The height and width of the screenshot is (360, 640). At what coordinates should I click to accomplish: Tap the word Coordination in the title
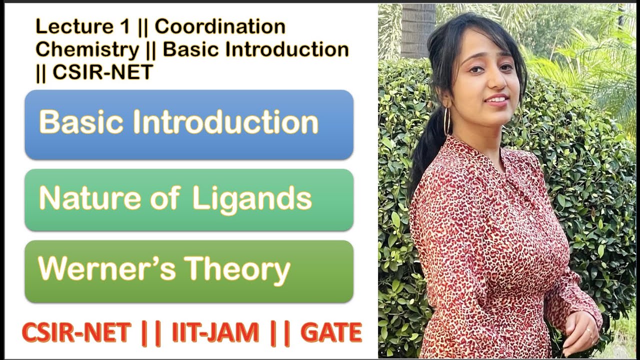pyautogui.click(x=220, y=26)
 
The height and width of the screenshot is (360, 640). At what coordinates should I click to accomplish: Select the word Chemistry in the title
pyautogui.click(x=87, y=49)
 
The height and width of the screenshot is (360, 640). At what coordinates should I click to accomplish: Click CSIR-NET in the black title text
pyautogui.click(x=102, y=72)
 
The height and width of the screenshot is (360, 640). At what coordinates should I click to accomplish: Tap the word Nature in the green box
pyautogui.click(x=88, y=198)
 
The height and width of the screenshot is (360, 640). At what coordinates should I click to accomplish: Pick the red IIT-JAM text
pyautogui.click(x=215, y=333)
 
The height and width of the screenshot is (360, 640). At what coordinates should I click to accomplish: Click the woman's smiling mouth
pyautogui.click(x=496, y=99)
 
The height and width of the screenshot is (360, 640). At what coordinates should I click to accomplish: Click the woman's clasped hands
pyautogui.click(x=580, y=330)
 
